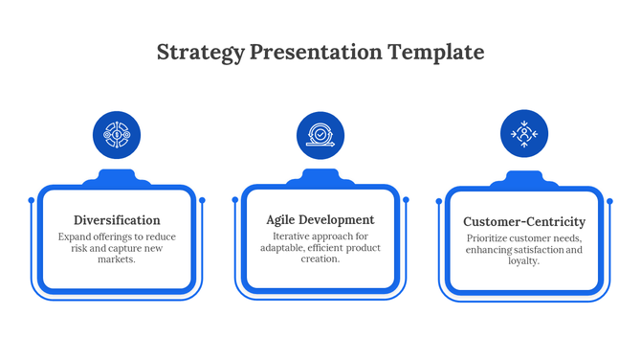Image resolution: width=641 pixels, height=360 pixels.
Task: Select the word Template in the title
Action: (435, 52)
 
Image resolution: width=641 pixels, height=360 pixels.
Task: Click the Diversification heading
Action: (117, 220)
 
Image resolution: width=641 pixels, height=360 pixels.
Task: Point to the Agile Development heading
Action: (320, 220)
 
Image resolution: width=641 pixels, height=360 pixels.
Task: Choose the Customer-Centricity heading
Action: (523, 221)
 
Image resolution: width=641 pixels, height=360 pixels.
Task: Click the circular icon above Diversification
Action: (117, 135)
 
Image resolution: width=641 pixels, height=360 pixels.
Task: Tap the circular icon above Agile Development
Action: (320, 135)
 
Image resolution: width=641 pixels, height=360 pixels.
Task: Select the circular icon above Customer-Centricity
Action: (524, 134)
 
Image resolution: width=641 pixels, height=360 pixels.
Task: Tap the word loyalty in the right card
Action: (523, 261)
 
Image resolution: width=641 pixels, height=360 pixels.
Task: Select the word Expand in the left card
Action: (75, 236)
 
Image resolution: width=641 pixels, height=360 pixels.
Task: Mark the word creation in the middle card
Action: (320, 259)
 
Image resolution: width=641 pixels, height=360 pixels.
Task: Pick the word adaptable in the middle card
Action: (281, 248)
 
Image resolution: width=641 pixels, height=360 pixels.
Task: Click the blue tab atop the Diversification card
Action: (117, 177)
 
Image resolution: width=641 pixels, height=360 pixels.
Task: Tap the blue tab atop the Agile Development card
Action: (320, 177)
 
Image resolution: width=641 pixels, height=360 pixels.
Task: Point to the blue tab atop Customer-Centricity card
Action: (524, 179)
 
